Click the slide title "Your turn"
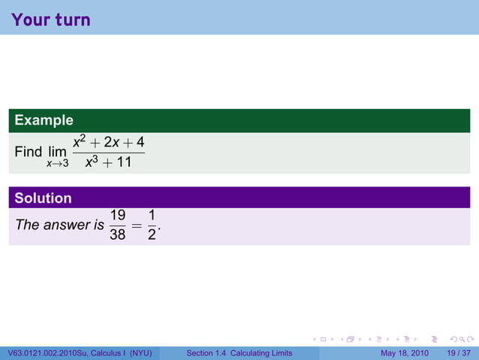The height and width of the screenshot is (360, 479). tap(51, 19)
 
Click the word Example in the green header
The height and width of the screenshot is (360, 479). tap(44, 120)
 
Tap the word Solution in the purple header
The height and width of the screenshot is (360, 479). tap(44, 198)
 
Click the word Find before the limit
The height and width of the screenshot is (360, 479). tap(29, 152)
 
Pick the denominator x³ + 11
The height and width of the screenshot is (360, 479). tap(109, 161)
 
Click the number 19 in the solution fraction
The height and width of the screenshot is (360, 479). tap(118, 215)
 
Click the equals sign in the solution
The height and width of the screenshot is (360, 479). tap(136, 224)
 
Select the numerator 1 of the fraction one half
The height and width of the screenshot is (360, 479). tap(152, 215)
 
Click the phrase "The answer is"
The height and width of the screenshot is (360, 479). tap(59, 224)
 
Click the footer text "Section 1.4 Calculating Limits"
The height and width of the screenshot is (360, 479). tap(239, 353)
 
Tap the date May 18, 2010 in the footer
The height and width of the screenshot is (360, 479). tap(405, 353)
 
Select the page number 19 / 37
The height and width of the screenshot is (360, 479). tap(459, 353)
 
